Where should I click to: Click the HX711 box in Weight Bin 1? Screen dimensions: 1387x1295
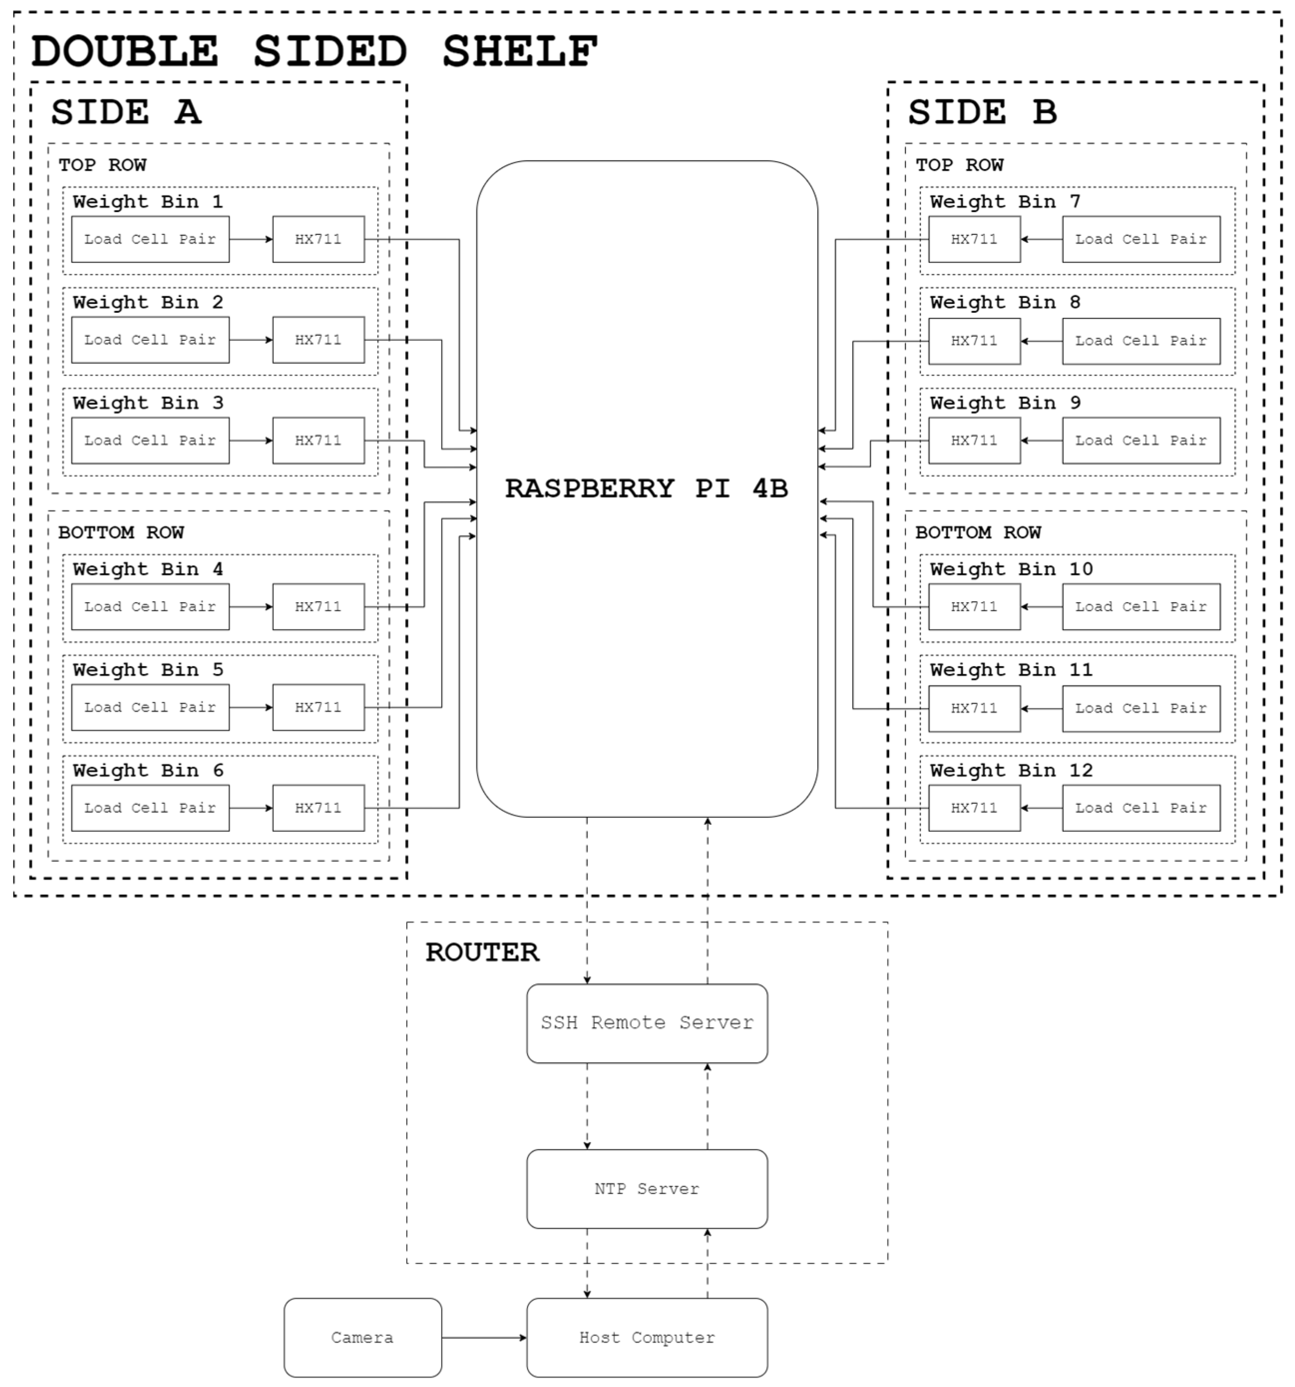[318, 239]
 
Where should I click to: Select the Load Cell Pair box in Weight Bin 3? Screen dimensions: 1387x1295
[150, 440]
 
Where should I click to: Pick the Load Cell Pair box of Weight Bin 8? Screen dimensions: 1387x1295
[1141, 341]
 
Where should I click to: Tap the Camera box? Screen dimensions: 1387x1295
[363, 1338]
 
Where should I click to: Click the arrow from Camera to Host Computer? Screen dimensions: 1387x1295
[484, 1338]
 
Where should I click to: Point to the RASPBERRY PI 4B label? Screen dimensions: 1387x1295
[646, 488]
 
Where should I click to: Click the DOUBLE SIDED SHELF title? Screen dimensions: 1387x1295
[314, 51]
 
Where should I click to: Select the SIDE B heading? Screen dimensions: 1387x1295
[982, 112]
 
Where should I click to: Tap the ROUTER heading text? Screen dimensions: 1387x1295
[482, 952]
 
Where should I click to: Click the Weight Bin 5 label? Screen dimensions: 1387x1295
[148, 670]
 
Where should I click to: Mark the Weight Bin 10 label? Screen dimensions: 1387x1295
[1011, 569]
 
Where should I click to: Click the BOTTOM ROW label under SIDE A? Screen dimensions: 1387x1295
[121, 532]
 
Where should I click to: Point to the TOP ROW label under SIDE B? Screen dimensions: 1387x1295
[959, 165]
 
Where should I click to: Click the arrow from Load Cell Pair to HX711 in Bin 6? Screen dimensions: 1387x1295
[250, 808]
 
